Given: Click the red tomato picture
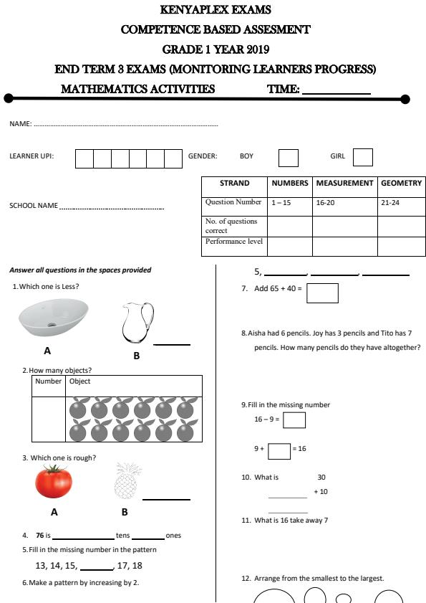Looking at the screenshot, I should pyautogui.click(x=54, y=482).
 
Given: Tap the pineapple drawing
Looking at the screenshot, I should pyautogui.click(x=125, y=481).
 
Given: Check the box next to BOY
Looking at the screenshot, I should pyautogui.click(x=288, y=157).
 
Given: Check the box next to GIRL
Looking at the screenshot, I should pyautogui.click(x=363, y=157).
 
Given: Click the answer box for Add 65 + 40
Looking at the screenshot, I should pyautogui.click(x=321, y=293).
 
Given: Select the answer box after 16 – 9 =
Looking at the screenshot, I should pyautogui.click(x=294, y=419).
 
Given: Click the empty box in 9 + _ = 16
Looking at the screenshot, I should pyautogui.click(x=279, y=450).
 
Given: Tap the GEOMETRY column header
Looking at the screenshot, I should pyautogui.click(x=401, y=184).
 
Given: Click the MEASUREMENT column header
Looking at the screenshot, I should pyautogui.click(x=344, y=184).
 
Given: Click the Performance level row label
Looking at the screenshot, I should pyautogui.click(x=234, y=242).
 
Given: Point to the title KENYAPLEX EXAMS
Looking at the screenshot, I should pyautogui.click(x=216, y=10).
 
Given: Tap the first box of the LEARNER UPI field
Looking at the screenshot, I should pyautogui.click(x=84, y=158).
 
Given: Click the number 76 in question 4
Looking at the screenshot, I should pyautogui.click(x=40, y=535).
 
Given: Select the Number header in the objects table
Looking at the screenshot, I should pyautogui.click(x=49, y=381).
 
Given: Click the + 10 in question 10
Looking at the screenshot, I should pyautogui.click(x=321, y=492).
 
